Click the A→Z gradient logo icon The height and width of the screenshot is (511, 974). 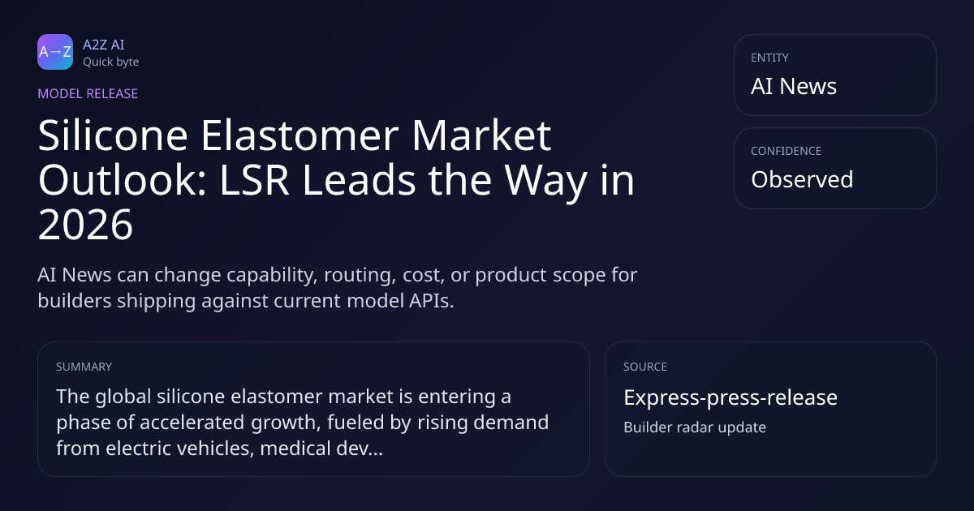coord(55,52)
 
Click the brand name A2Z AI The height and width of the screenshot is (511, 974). coord(104,45)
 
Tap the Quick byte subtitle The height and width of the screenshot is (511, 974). coord(111,62)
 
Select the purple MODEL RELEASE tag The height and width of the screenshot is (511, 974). coord(88,93)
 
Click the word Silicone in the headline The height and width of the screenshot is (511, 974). coord(113,135)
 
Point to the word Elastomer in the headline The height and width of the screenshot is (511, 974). coord(300,135)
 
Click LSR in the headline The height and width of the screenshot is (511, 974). coord(254,180)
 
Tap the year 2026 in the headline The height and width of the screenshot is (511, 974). coord(85,225)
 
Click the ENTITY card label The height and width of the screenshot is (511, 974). coord(769,58)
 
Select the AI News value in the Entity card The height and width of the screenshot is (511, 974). coord(794,86)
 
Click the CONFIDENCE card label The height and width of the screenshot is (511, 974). coord(787,151)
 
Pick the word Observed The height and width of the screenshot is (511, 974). coord(802,179)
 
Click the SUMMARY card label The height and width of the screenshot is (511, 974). coord(84,367)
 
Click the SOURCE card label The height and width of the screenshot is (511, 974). coord(645,367)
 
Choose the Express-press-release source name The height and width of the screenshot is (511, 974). coord(730,397)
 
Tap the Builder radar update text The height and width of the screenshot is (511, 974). coord(695,427)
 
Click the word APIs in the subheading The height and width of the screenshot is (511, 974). coord(431,301)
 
